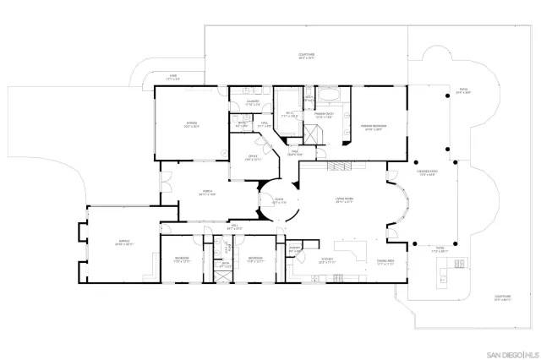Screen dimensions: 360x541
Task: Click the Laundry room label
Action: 252,103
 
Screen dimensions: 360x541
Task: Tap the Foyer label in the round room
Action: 278,202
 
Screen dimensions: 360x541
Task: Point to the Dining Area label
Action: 385,262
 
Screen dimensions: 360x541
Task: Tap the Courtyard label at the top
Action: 306,57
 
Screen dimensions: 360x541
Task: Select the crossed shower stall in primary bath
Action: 314,134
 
